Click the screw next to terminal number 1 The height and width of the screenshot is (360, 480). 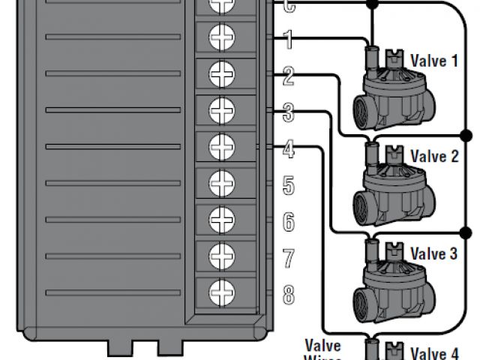pos(221,36)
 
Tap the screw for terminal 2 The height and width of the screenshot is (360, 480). pos(221,73)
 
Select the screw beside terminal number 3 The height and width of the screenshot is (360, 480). pos(221,109)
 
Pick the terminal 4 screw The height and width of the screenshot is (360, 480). pos(221,145)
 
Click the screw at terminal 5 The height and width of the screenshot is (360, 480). pos(221,181)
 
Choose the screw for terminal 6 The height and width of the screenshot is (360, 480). pos(221,218)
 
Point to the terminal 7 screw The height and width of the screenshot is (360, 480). pos(221,254)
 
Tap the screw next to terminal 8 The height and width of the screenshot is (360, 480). pos(221,290)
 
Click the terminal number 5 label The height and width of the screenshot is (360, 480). pos(288,185)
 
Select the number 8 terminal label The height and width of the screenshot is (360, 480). pos(288,295)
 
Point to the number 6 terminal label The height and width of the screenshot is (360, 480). pos(288,222)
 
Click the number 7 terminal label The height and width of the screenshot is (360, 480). pos(288,259)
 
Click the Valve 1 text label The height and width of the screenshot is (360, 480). pos(433,60)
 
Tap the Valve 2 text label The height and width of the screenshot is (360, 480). pos(433,157)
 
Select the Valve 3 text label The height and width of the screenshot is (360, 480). pos(433,253)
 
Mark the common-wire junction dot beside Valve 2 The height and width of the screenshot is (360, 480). pos(466,135)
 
